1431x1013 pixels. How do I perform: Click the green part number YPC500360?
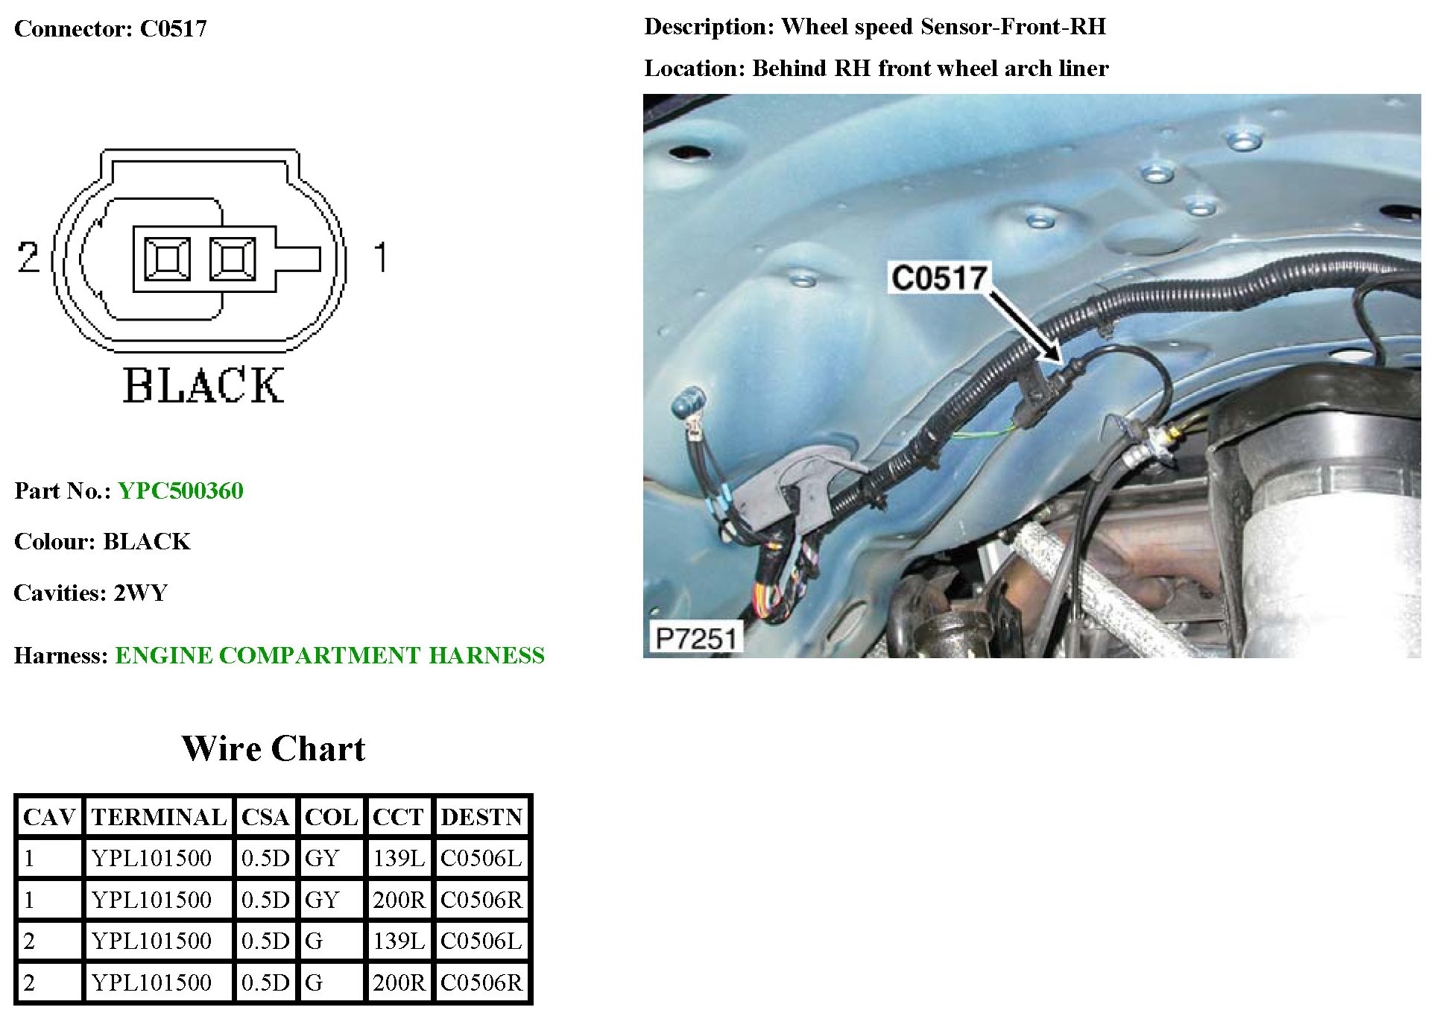tap(180, 490)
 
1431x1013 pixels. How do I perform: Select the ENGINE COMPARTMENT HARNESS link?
tap(329, 655)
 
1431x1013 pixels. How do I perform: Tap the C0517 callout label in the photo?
tap(938, 278)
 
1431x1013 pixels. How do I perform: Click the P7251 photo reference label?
tap(695, 638)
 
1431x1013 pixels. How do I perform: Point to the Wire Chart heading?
tap(274, 748)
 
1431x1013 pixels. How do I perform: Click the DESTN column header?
tap(481, 817)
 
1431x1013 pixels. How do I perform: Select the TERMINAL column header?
tap(159, 817)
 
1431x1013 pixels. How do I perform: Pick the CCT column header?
tap(398, 817)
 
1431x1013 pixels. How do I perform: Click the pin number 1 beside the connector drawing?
tap(381, 256)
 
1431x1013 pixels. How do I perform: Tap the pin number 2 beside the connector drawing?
tap(28, 256)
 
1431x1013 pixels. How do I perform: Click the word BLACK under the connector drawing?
tap(203, 385)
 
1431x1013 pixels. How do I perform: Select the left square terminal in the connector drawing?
tap(167, 259)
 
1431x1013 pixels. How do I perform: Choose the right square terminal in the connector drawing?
tap(233, 259)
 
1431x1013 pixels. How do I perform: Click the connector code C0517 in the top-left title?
tap(173, 28)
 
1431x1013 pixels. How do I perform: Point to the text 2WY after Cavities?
tap(140, 593)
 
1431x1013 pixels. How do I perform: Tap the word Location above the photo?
tap(692, 69)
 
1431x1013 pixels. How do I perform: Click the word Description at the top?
tap(708, 27)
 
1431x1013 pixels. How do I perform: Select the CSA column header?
tap(265, 817)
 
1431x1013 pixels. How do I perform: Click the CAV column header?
tap(49, 817)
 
